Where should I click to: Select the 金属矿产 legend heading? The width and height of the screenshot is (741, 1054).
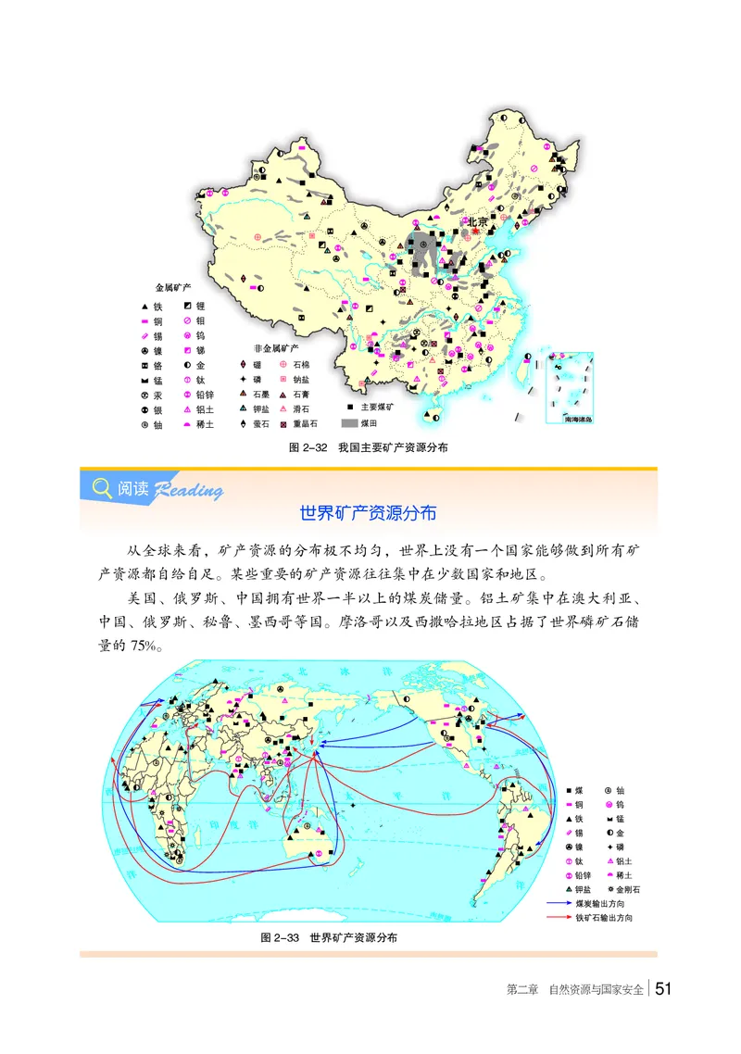tap(170, 288)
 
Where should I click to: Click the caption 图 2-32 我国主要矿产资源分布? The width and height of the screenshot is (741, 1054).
tap(369, 447)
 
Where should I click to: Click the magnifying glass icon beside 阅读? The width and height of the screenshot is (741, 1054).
tap(100, 487)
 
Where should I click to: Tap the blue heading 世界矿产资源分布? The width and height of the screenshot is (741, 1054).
tap(369, 512)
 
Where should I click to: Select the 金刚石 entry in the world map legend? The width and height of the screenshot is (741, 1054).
tap(629, 887)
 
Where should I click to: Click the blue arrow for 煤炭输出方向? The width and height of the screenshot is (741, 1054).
tap(560, 901)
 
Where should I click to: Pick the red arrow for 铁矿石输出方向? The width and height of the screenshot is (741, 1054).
tap(560, 917)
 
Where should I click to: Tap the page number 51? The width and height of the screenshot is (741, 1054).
tap(663, 989)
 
